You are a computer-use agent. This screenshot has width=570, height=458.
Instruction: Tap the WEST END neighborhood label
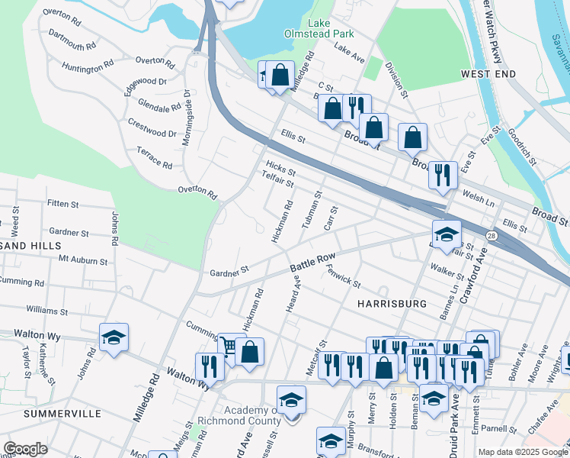click(488, 74)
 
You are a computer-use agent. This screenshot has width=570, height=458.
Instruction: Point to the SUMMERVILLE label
click(62, 413)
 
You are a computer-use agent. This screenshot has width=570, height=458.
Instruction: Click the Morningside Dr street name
click(186, 118)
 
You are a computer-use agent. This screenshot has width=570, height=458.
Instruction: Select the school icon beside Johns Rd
click(114, 337)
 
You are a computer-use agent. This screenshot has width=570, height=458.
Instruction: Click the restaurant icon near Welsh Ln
click(442, 175)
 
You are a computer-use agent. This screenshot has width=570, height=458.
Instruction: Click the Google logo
click(26, 449)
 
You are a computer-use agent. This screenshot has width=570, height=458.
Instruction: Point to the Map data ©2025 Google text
click(522, 452)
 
